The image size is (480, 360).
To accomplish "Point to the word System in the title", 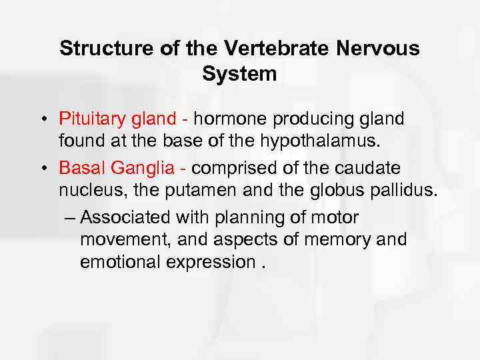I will (239, 74).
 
